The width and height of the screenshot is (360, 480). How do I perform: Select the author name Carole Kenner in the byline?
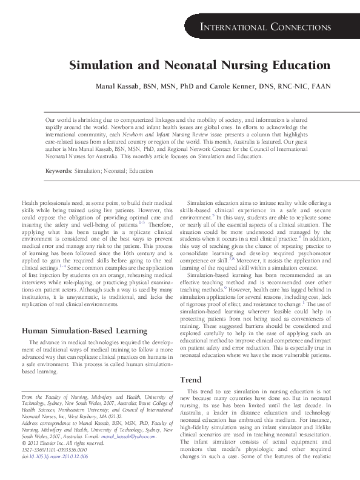(x=242, y=86)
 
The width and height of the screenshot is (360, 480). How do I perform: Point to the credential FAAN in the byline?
(x=321, y=86)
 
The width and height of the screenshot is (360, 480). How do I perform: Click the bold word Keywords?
(x=59, y=172)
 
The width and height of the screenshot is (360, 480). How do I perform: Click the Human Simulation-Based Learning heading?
(x=84, y=330)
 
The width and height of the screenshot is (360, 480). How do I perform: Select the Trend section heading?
(x=191, y=379)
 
